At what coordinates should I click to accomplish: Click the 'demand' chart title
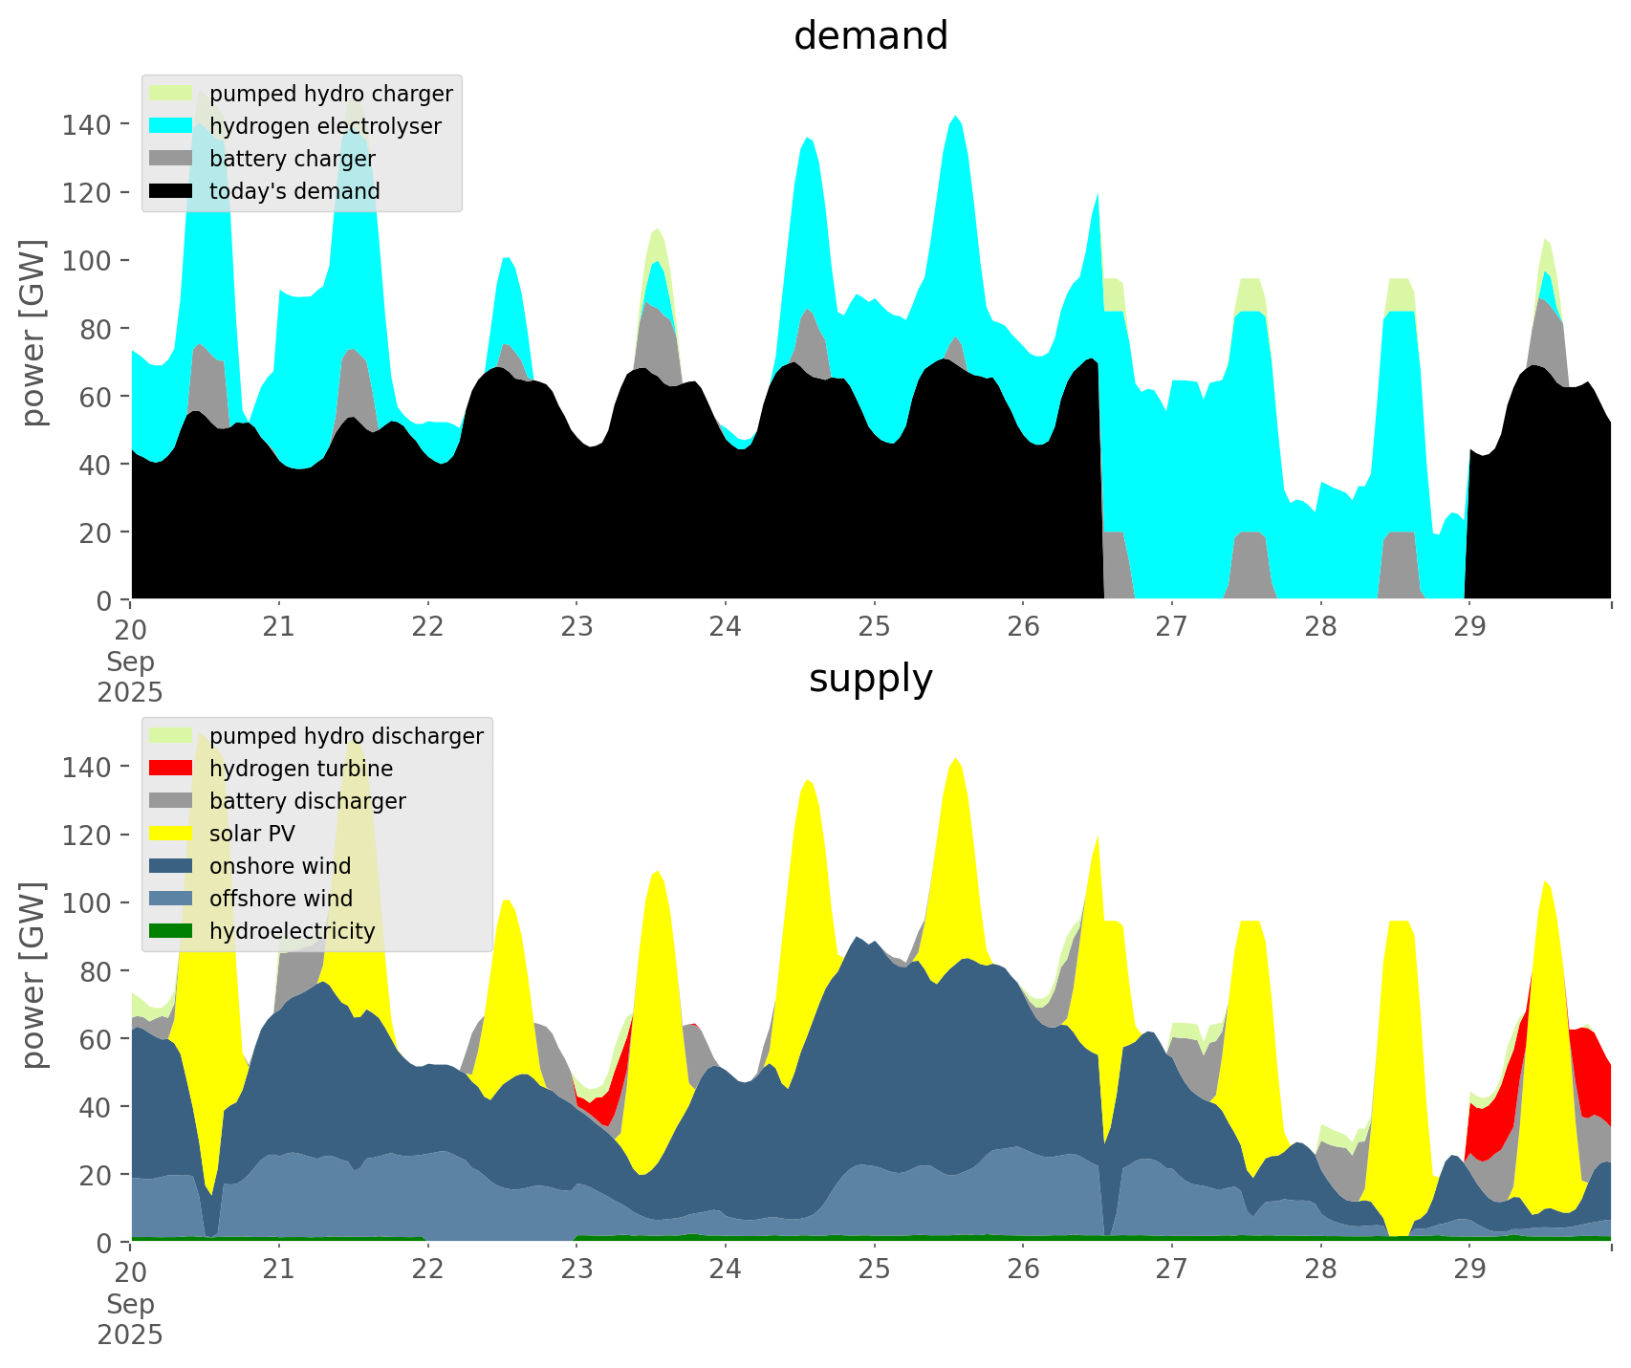pyautogui.click(x=870, y=36)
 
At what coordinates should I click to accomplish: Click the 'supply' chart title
pyautogui.click(x=870, y=679)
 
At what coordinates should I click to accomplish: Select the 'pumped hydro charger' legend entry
pyautogui.click(x=331, y=94)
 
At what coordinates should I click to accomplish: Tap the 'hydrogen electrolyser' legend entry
pyautogui.click(x=325, y=126)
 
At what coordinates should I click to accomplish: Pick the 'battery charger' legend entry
pyautogui.click(x=292, y=159)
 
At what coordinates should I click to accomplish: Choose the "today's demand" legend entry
pyautogui.click(x=294, y=191)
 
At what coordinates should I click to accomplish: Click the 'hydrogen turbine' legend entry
pyautogui.click(x=300, y=769)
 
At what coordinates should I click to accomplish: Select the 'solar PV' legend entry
pyautogui.click(x=251, y=834)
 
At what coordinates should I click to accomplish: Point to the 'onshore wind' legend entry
pyautogui.click(x=280, y=866)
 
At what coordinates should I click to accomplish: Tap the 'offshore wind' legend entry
pyautogui.click(x=280, y=899)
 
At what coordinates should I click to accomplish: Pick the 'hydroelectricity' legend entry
pyautogui.click(x=292, y=931)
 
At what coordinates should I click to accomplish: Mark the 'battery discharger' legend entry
pyautogui.click(x=307, y=801)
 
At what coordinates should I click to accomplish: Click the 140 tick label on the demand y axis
pyautogui.click(x=87, y=124)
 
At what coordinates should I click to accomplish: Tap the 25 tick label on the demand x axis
pyautogui.click(x=874, y=628)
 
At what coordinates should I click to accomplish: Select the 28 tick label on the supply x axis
pyautogui.click(x=1320, y=1270)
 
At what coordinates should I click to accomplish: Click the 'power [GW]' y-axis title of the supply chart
pyautogui.click(x=34, y=975)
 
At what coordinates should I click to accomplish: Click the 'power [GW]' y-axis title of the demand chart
pyautogui.click(x=34, y=333)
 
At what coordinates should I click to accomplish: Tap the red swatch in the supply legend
pyautogui.click(x=171, y=769)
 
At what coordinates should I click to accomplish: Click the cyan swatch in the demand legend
pyautogui.click(x=171, y=126)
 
